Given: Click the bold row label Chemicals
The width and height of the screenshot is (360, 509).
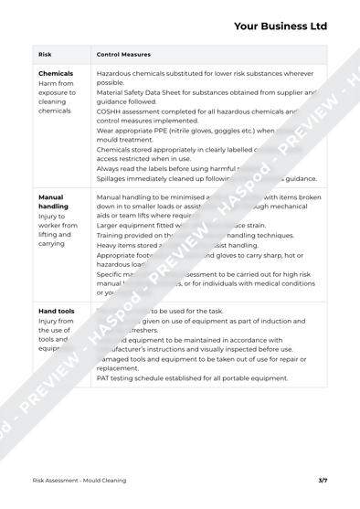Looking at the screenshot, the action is pos(57,97).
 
